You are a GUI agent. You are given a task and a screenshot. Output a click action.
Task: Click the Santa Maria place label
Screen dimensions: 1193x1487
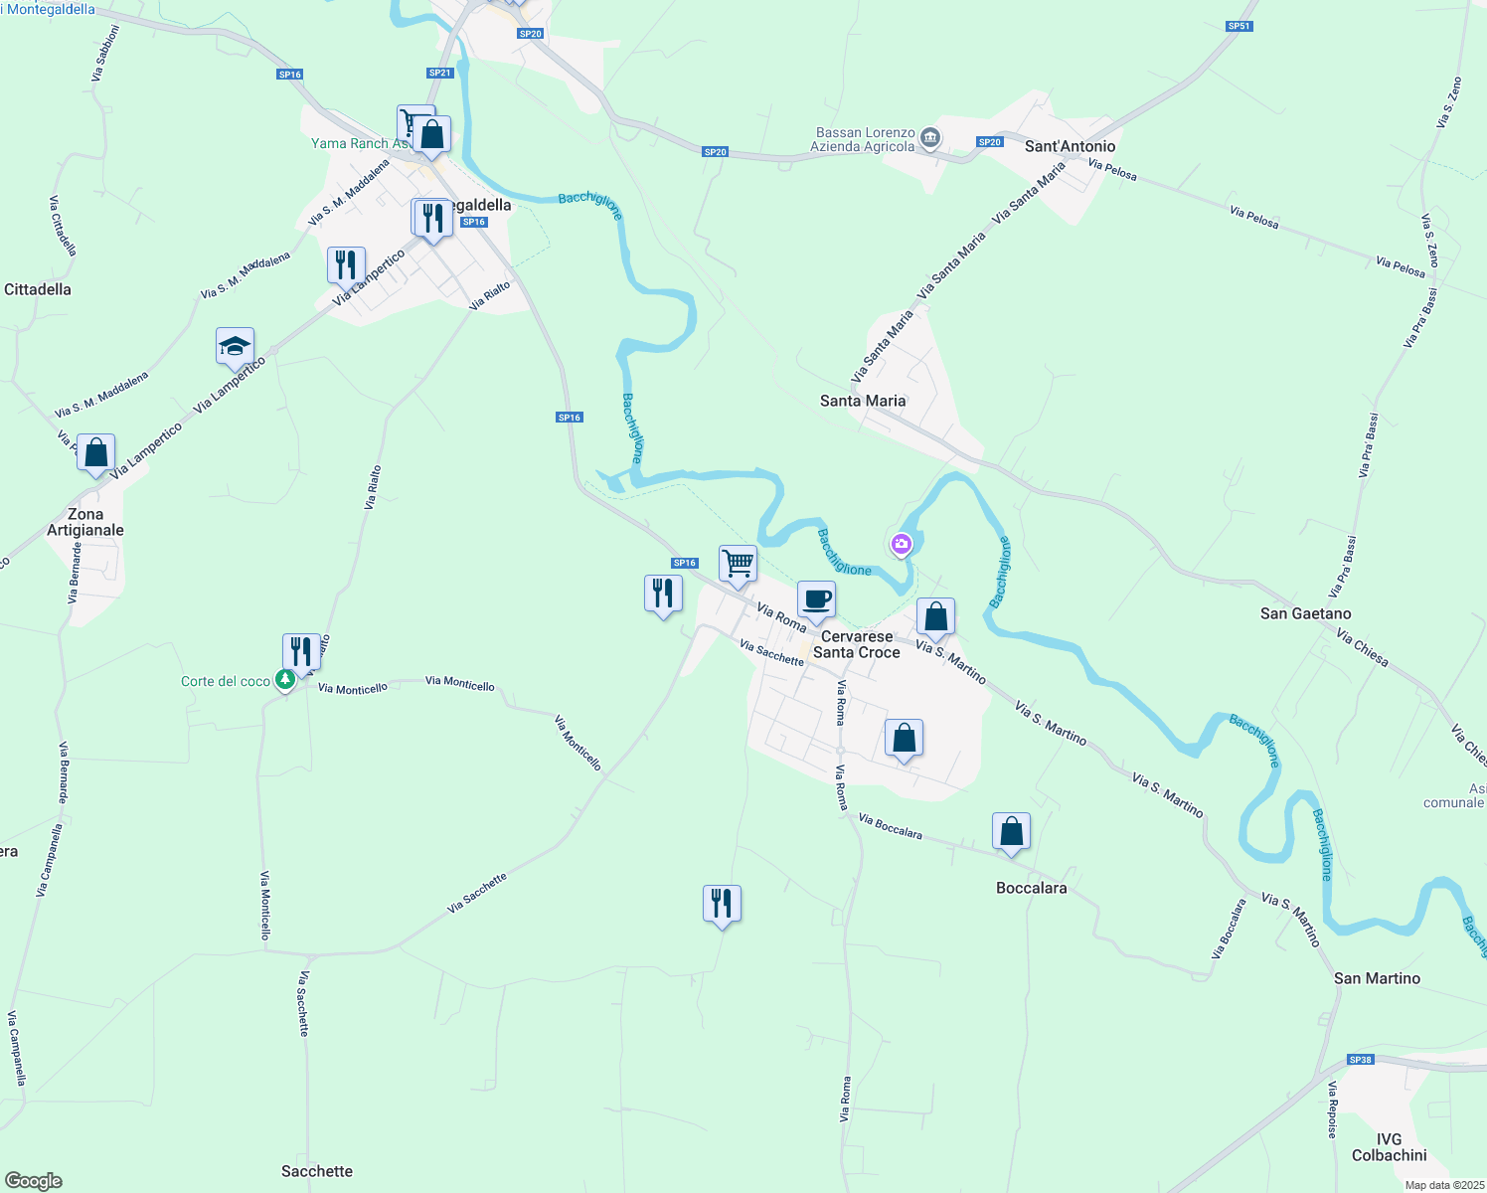[x=863, y=401]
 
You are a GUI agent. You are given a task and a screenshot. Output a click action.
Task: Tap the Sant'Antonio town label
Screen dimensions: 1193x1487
[x=1070, y=146]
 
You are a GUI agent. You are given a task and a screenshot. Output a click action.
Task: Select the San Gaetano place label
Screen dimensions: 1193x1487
[x=1305, y=613]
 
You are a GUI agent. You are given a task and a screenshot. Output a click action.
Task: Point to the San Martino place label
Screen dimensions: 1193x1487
[x=1377, y=978]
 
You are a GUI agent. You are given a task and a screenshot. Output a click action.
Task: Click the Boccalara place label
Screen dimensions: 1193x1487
[x=1031, y=888]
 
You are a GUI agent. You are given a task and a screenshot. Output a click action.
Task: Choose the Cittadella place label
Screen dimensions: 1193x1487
[x=38, y=289]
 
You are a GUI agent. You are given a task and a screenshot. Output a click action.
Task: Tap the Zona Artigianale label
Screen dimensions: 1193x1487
[x=85, y=522]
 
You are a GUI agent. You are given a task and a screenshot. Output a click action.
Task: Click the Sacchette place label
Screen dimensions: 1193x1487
[x=317, y=1171]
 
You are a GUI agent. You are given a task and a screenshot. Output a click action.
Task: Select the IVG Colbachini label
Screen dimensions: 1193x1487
[x=1389, y=1147]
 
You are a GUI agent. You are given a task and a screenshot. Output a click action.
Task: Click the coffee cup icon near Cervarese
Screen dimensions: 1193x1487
[x=816, y=599]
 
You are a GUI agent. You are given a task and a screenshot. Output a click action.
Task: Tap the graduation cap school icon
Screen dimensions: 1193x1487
[x=235, y=347]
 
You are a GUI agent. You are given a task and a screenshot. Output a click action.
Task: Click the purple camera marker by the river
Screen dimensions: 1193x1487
[x=901, y=543]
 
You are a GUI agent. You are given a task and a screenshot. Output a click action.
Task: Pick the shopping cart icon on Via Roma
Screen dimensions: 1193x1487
[x=738, y=564]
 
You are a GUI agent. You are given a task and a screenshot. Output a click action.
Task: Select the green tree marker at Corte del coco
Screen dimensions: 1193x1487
[x=285, y=680]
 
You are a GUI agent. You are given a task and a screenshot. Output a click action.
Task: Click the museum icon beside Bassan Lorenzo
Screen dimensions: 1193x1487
[x=930, y=137]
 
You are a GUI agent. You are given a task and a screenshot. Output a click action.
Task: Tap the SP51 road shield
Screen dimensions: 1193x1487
[x=1239, y=27]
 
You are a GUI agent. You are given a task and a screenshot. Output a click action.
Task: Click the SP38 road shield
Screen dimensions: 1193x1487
[x=1360, y=1060]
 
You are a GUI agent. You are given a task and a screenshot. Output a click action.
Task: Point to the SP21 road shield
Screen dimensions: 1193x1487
[x=439, y=73]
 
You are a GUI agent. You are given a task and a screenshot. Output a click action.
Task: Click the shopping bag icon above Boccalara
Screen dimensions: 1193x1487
[x=1011, y=831]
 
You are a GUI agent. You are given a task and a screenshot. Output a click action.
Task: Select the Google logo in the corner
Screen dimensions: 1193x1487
[x=34, y=1181]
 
